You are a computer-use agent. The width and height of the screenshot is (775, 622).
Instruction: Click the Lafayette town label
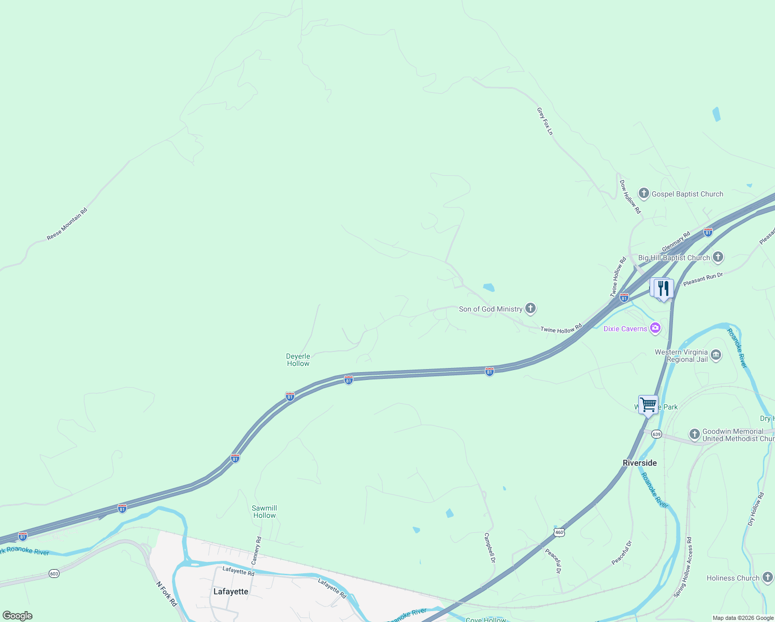coord(231,591)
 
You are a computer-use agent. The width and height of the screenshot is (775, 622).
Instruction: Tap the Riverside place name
coord(639,463)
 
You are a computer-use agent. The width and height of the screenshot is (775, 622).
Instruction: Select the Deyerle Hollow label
coord(298,360)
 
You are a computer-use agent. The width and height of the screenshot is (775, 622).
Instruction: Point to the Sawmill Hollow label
coord(264,512)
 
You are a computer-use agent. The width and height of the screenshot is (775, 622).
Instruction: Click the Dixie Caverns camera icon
coord(655,328)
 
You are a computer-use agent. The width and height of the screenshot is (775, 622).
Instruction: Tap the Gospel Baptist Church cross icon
coord(644,194)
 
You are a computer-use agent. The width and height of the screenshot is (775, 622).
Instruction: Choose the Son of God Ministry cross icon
coord(530,309)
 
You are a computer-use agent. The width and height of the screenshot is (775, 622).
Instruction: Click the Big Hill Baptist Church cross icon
coord(718,257)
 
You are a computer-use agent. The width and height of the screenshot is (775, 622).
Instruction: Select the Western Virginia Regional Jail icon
coord(716,355)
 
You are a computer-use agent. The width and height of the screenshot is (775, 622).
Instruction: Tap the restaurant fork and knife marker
coord(664,289)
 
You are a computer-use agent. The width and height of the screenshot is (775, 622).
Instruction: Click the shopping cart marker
coord(648,404)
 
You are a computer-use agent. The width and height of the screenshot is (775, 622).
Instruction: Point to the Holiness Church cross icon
coord(768,577)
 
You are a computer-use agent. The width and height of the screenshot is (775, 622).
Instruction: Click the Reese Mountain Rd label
coord(67,224)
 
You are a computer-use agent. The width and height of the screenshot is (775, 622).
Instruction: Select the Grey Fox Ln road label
coord(544,121)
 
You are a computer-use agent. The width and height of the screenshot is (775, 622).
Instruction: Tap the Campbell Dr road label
coord(490,548)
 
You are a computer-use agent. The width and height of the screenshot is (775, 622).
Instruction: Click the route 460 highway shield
coord(558,532)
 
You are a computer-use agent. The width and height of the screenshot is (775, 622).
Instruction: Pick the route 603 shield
coord(54,573)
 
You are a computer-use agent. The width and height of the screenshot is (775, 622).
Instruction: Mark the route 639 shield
coord(656,434)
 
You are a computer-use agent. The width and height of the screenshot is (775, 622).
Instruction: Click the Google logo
coord(18,616)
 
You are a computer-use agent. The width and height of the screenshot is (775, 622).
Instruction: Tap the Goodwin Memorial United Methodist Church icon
coord(695,434)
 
